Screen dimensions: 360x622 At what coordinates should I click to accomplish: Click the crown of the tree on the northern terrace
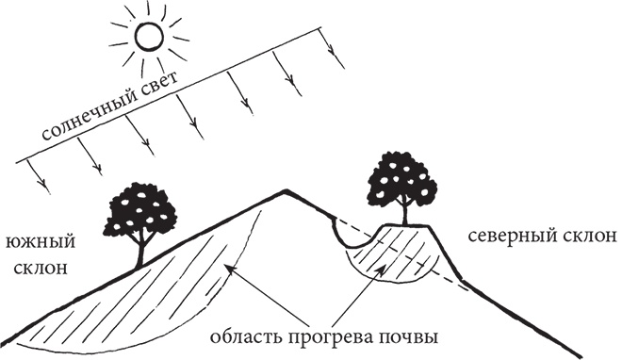(400, 180)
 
